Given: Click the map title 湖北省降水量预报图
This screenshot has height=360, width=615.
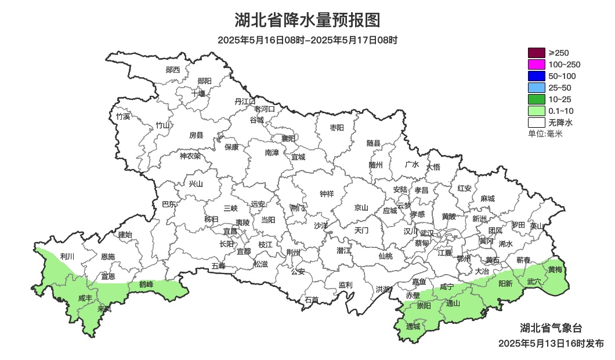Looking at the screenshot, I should (x=307, y=20).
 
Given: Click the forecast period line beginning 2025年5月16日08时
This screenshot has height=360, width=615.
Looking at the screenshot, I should (x=307, y=40).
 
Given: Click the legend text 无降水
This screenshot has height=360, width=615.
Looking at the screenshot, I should (x=560, y=123).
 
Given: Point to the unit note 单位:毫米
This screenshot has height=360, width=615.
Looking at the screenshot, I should (x=545, y=134).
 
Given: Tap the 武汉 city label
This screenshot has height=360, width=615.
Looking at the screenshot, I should (x=426, y=232).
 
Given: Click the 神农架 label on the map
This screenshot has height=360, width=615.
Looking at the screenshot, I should (x=190, y=156).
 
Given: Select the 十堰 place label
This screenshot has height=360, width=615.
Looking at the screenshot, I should (x=198, y=93).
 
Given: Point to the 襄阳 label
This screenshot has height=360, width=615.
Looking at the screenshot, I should (x=288, y=138).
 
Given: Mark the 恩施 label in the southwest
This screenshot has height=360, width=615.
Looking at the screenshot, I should (x=107, y=257).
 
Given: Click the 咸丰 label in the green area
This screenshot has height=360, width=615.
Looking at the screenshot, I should (x=85, y=298).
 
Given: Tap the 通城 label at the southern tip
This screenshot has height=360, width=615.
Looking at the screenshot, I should (x=413, y=327).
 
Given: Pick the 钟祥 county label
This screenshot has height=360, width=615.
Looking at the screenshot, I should (x=327, y=194).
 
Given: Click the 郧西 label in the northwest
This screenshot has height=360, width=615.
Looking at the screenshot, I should (x=172, y=70).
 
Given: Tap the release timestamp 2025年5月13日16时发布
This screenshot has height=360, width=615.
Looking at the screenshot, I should (x=551, y=343).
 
